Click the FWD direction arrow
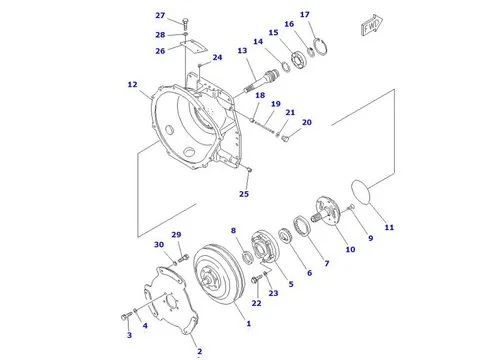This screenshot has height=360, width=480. tap(371, 25)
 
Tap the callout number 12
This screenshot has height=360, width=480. tap(132, 85)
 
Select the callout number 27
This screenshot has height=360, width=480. tap(160, 16)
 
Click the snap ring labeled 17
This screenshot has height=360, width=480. tap(321, 47)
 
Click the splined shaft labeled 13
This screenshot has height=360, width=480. tap(261, 80)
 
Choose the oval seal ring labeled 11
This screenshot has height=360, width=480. tap(361, 191)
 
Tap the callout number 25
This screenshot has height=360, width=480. tap(244, 194)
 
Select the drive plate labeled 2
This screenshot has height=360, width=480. tap(171, 301)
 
